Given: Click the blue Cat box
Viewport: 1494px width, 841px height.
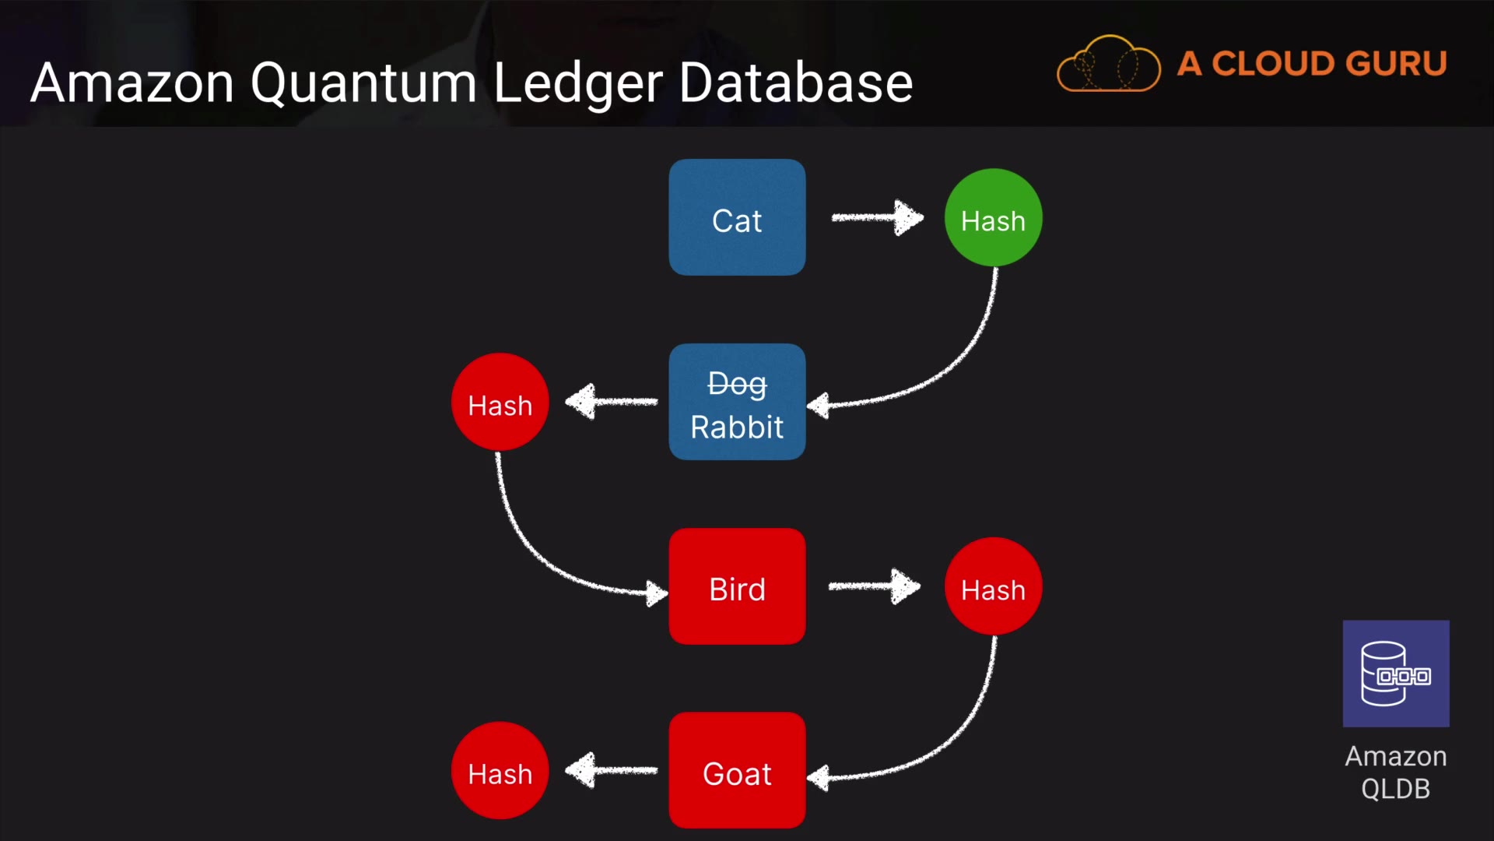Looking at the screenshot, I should [737, 217].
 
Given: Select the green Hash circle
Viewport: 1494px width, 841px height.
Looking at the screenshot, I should [993, 218].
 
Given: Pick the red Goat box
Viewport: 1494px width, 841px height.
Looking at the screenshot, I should [737, 770].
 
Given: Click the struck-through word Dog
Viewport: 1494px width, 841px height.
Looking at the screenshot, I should [737, 384].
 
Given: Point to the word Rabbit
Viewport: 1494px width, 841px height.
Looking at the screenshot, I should [737, 428].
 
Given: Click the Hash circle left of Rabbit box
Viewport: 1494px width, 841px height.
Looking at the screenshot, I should [500, 403].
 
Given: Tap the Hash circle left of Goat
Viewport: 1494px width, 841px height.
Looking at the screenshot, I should [500, 771].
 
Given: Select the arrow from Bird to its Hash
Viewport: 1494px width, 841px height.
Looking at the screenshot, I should [874, 586].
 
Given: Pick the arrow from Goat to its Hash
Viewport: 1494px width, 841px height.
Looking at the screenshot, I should [612, 771].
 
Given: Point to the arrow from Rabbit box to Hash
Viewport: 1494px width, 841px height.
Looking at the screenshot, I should [612, 402].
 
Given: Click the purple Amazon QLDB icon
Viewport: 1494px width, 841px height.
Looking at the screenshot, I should [1396, 674].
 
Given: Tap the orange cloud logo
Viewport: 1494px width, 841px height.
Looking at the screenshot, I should [1109, 64].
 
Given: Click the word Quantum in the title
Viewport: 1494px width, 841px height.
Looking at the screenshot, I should [363, 83].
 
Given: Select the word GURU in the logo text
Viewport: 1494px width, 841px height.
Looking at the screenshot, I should [1396, 64].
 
